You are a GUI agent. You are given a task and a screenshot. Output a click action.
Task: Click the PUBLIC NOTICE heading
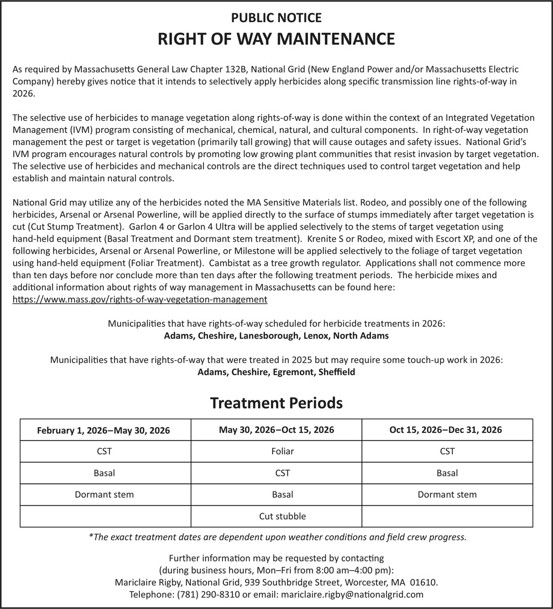(276, 18)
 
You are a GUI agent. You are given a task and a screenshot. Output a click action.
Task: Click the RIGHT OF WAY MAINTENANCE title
(276, 39)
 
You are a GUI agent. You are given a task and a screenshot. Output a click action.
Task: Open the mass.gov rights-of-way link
(140, 299)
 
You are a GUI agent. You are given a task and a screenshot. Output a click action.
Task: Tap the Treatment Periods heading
(276, 403)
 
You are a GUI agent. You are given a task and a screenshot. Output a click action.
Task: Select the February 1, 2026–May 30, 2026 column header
(103, 430)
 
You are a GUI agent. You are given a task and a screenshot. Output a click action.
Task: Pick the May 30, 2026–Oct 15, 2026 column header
(276, 430)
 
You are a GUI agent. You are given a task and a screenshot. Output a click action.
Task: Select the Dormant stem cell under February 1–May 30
(105, 495)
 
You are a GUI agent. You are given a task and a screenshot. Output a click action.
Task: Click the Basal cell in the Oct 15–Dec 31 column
(447, 473)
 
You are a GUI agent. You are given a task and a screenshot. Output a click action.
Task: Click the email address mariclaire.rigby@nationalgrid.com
(352, 595)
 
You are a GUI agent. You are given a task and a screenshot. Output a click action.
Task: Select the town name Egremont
(294, 372)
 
